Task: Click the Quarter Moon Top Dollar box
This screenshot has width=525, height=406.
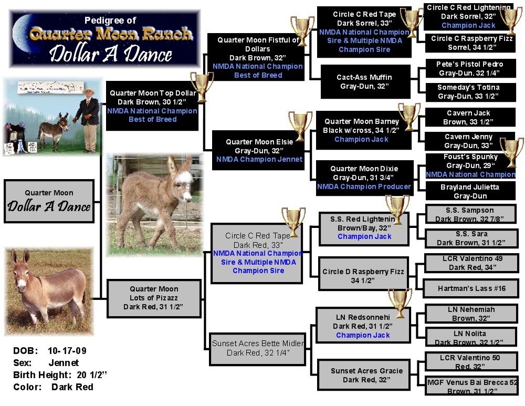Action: (x=152, y=106)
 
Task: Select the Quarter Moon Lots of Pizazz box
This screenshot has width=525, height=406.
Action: (x=154, y=298)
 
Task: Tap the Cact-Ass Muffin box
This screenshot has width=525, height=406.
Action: (x=364, y=81)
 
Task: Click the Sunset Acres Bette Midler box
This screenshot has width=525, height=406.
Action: (x=257, y=348)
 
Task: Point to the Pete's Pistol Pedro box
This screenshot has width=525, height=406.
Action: (x=469, y=69)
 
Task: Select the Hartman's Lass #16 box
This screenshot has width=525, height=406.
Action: (x=471, y=288)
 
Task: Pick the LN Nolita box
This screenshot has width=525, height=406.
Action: (x=470, y=338)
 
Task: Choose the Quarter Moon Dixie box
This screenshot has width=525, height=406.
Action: (x=364, y=178)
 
